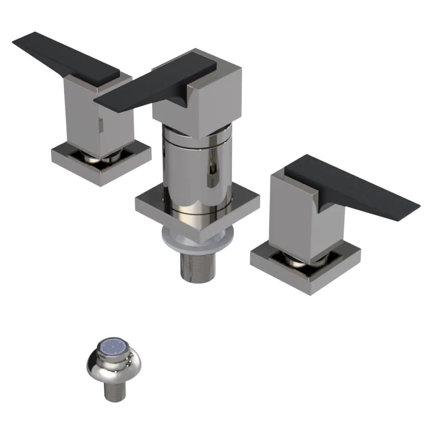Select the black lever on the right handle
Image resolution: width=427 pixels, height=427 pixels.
point(359,188)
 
